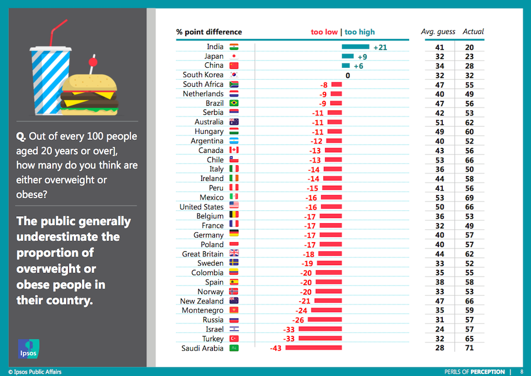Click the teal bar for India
tap(355, 47)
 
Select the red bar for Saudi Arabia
tap(314, 348)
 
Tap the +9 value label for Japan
tap(362, 57)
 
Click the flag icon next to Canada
tap(234, 150)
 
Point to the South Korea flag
tap(234, 75)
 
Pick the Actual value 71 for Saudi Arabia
tap(469, 348)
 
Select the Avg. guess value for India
tap(439, 48)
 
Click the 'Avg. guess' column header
tap(438, 32)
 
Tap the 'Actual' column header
tap(473, 32)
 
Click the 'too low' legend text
tap(324, 32)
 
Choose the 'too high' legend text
tap(360, 32)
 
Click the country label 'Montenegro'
tap(202, 310)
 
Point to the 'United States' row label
tap(202, 207)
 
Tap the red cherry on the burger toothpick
tap(92, 63)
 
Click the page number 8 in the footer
tap(521, 372)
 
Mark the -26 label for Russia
tap(299, 320)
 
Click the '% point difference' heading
tap(209, 32)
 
